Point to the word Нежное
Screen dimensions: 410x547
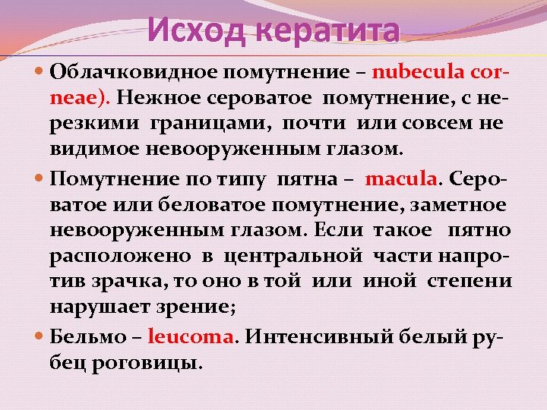(154, 97)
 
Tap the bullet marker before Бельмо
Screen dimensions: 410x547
(40, 336)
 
